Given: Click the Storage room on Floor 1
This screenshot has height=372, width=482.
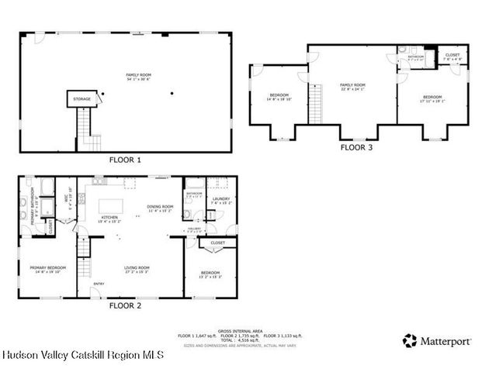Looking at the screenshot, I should point(82,99).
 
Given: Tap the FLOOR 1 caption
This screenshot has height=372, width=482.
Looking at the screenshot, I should point(126,160).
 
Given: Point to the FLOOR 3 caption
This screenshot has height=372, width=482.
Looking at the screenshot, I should point(358,146).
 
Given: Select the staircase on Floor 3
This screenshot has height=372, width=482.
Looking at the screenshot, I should point(315,102).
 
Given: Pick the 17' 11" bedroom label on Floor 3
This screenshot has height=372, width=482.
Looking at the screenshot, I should point(432,98).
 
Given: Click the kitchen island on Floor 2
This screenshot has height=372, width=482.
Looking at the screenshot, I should point(129,184).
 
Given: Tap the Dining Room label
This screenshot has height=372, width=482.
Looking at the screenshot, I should point(159,208).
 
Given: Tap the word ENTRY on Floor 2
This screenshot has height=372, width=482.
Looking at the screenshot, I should point(99,284).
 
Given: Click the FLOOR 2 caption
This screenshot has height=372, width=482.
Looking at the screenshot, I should point(126,305).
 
